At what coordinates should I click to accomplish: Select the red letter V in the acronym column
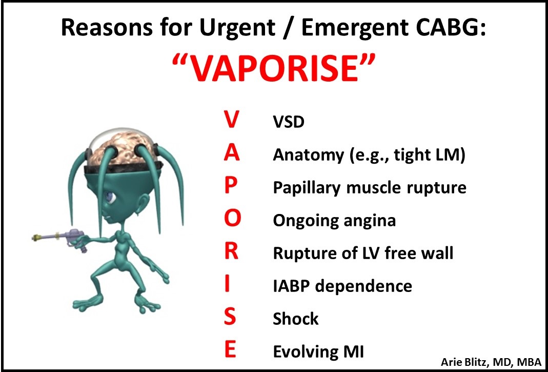pyautogui.click(x=231, y=121)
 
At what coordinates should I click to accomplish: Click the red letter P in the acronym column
pyautogui.click(x=231, y=186)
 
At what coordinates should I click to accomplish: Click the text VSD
pyautogui.click(x=289, y=123)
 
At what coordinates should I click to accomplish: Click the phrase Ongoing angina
pyautogui.click(x=334, y=221)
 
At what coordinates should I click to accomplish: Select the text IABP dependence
pyautogui.click(x=342, y=286)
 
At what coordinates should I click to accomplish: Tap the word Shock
pyautogui.click(x=296, y=319)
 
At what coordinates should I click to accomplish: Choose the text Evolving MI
pyautogui.click(x=318, y=351)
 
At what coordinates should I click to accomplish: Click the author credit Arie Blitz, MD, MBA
pyautogui.click(x=491, y=362)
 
